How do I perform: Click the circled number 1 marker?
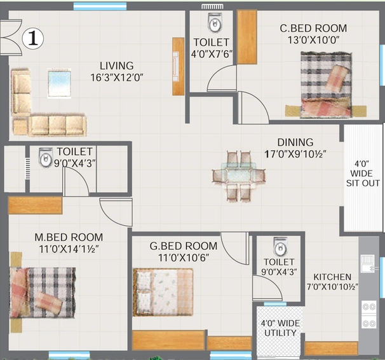point(33,39)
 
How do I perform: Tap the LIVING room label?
point(117,66)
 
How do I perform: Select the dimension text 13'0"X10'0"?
point(313,40)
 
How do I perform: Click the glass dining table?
point(239,176)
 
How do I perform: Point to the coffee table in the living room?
point(60,83)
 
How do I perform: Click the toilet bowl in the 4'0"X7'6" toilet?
point(215,23)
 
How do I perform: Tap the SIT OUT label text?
point(363,183)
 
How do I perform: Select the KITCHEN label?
point(332,277)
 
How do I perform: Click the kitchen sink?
point(368,264)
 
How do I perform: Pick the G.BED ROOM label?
point(184,246)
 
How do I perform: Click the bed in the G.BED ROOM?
point(163,292)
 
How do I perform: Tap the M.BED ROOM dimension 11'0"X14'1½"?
point(69,249)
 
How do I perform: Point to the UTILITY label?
point(280,333)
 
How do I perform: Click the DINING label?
point(295,142)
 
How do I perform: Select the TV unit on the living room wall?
point(179,66)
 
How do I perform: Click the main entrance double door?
point(11,38)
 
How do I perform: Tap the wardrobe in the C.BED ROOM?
point(247,37)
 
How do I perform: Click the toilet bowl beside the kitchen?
point(280,247)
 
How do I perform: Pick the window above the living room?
point(100,6)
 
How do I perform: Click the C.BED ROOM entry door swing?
point(253,107)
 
